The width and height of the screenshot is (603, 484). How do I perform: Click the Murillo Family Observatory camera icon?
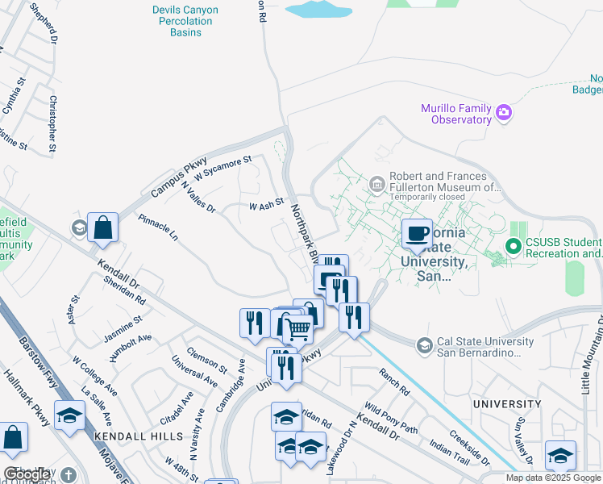505,111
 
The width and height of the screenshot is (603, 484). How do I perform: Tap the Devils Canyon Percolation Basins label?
182,15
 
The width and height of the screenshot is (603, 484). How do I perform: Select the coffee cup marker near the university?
417,234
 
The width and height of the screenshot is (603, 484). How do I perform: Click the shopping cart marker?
298,328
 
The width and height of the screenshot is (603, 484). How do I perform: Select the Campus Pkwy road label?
179,177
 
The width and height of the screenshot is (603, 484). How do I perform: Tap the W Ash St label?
266,206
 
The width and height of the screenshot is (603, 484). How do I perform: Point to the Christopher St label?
52,123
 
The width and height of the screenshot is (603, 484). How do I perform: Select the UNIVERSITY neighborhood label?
507,403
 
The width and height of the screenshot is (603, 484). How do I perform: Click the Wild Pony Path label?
391,418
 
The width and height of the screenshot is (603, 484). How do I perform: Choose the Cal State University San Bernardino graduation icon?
423,346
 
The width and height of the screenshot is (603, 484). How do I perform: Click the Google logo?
27,474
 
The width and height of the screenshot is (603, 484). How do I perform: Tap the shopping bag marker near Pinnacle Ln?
104,227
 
